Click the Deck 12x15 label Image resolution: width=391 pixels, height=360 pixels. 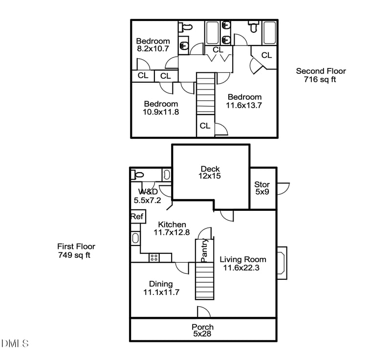[x=210, y=173]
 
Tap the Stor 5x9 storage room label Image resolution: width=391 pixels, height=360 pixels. [x=262, y=188]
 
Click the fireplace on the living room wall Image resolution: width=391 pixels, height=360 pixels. [x=282, y=263]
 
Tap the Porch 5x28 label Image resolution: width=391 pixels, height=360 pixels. [x=202, y=331]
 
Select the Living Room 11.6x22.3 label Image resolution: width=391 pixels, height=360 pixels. [x=242, y=263]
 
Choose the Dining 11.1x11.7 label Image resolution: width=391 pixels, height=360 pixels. [x=161, y=288]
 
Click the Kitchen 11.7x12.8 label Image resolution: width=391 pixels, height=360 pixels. [x=171, y=228]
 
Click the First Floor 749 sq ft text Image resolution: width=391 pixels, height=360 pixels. [x=76, y=250]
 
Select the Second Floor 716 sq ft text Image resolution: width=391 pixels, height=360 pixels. [x=321, y=75]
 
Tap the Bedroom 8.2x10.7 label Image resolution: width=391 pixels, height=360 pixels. [x=153, y=45]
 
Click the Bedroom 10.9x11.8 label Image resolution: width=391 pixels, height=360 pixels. [x=161, y=108]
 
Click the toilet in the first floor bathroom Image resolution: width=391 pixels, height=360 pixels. [x=138, y=174]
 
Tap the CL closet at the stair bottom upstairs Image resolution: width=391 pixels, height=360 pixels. [x=205, y=126]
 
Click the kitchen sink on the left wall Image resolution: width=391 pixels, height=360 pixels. [x=135, y=239]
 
